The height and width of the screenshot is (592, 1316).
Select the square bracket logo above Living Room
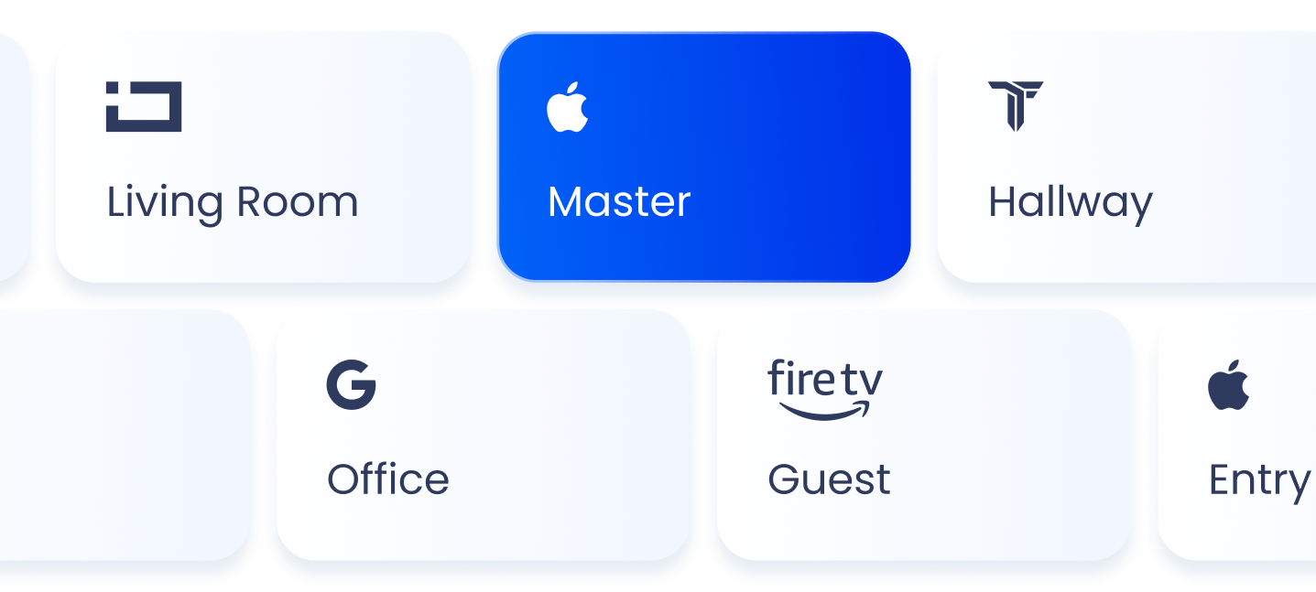pos(144,106)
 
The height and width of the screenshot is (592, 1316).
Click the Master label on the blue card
pos(619,202)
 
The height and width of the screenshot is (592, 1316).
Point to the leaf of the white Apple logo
pos(575,88)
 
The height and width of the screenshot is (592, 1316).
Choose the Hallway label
pos(1070,203)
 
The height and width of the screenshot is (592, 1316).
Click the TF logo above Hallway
pos(1016,105)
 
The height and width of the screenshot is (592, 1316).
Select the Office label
pos(388,479)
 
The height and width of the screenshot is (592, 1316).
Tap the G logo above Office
pos(352,384)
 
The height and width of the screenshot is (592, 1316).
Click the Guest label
pos(829,479)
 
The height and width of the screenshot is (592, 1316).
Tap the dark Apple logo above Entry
pos(1229,385)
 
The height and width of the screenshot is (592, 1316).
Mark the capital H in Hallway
pos(1003,202)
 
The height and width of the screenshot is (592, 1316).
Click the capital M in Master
pos(566,202)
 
